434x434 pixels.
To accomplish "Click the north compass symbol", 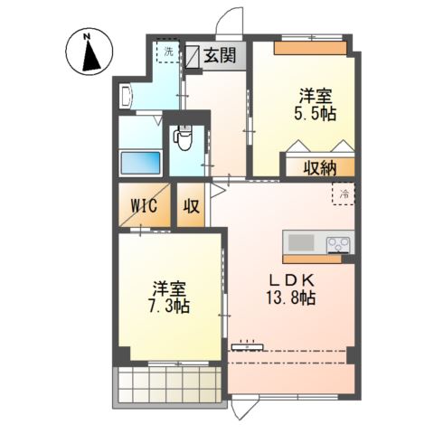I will click(x=89, y=52).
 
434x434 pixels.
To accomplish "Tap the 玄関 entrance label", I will click(x=219, y=56).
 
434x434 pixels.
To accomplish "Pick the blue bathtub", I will click(x=140, y=165).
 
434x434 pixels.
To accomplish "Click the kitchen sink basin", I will click(x=301, y=243).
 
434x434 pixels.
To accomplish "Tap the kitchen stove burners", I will click(x=339, y=243).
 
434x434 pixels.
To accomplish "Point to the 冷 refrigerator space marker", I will click(x=344, y=192).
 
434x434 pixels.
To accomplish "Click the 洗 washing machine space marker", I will click(x=168, y=51).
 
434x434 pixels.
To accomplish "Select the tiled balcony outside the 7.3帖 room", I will click(x=168, y=383).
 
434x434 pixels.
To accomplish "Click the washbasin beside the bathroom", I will click(x=126, y=94).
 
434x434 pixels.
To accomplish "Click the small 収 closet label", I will click(x=193, y=205).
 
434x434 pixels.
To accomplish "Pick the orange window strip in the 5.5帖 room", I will click(x=310, y=48).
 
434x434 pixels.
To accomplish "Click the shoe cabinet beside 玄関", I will click(x=193, y=56).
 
